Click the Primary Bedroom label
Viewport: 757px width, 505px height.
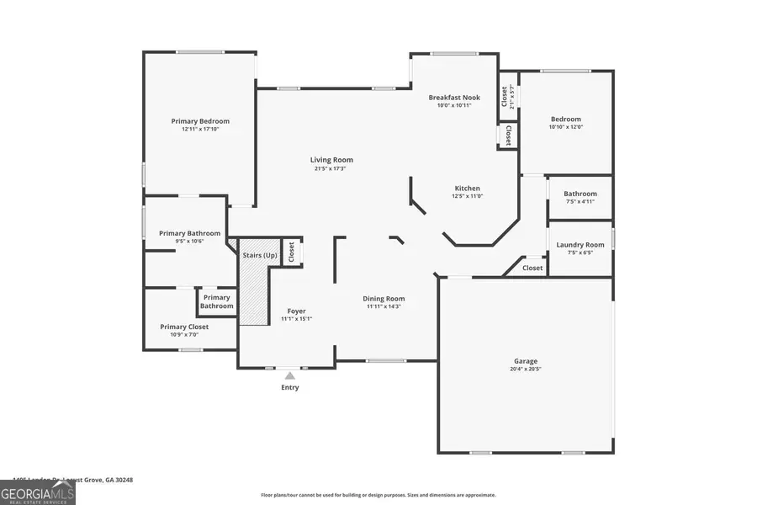coord(200,121)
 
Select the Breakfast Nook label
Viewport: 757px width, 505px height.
coord(454,98)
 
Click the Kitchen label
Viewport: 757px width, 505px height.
coord(467,189)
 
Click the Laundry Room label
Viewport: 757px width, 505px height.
coord(580,245)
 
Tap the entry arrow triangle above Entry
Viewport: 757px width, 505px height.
coord(289,375)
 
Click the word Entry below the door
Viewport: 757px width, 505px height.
coord(289,388)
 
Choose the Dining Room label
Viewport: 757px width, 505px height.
coord(384,299)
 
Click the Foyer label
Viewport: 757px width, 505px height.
coord(296,311)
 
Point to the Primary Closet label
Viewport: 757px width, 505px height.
coord(184,327)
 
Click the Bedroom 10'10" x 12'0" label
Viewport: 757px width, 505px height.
coord(565,120)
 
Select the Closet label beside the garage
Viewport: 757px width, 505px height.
coord(532,268)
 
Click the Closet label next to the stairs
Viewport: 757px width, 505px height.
coord(291,252)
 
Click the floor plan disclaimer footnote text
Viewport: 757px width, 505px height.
coord(378,495)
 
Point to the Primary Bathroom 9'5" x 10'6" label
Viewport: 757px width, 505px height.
coord(189,233)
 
